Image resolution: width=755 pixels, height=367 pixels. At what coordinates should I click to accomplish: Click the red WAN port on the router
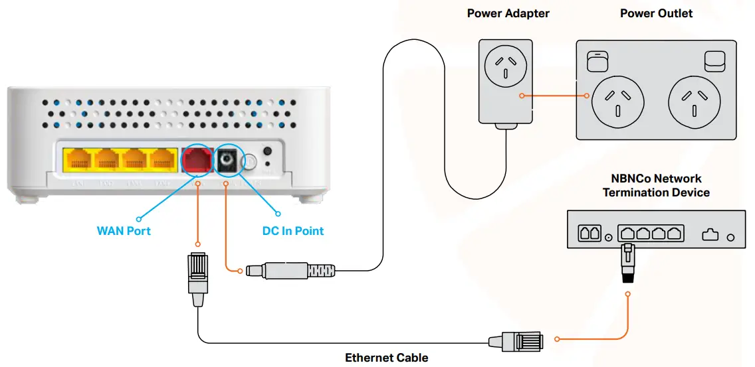point(197,160)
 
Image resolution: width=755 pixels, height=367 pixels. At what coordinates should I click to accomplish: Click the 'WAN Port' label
point(124,231)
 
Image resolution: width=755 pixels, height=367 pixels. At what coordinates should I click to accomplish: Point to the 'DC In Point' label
point(293,231)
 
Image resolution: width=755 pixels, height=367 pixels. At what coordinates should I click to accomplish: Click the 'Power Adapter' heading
point(508,13)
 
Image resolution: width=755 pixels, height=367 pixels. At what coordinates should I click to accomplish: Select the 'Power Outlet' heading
point(656,13)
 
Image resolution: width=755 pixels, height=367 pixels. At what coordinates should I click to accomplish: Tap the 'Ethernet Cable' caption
point(386,358)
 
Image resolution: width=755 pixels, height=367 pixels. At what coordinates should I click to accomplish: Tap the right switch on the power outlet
point(715,60)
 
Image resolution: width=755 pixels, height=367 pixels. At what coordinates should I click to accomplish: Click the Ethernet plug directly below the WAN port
point(197,278)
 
